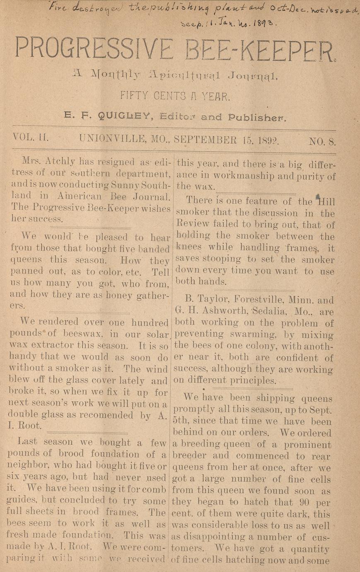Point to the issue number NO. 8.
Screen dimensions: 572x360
pos(322,141)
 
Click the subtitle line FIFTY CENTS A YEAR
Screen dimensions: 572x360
pos(174,97)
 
